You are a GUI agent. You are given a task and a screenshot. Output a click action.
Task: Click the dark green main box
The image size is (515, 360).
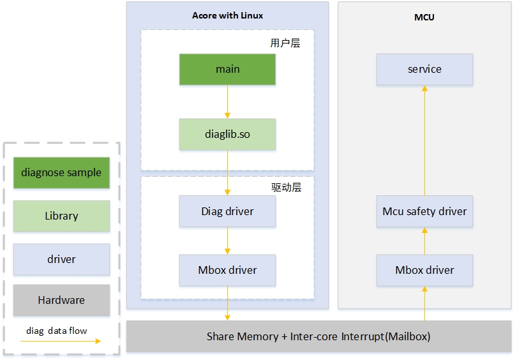click(227, 69)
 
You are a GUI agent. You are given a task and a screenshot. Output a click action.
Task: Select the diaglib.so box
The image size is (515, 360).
click(227, 135)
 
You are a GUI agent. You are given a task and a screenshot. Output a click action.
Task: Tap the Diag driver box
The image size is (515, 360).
click(227, 211)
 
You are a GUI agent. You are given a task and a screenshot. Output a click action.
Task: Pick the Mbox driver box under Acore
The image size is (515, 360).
click(227, 270)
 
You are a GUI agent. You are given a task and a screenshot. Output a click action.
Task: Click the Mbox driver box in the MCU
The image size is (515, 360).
click(424, 270)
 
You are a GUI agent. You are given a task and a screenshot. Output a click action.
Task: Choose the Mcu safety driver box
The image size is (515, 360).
click(424, 211)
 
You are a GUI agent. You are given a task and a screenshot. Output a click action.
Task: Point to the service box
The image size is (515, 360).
click(424, 69)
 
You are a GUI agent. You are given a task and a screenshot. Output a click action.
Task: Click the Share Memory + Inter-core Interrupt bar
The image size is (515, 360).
click(318, 336)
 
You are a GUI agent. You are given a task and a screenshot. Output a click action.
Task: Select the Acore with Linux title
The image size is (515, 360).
click(227, 15)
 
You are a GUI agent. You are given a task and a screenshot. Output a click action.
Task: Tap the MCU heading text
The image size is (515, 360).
click(424, 17)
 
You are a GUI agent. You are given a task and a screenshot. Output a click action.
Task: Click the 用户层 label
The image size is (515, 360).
click(285, 43)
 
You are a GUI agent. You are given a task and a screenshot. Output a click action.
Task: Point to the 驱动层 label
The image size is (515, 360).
click(285, 188)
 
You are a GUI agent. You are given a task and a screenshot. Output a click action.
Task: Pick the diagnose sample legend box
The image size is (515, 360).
click(61, 172)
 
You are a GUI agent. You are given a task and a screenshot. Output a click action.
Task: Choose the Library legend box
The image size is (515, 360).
click(61, 216)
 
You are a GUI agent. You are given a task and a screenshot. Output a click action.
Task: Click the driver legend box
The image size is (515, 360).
click(61, 259)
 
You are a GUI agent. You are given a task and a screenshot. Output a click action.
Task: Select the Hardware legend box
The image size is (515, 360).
click(61, 300)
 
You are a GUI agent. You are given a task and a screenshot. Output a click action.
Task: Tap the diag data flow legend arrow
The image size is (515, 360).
click(61, 341)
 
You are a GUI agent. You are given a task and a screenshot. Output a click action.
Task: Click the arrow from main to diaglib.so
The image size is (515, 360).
click(227, 101)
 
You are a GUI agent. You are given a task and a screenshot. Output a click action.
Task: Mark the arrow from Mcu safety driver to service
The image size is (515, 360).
click(424, 140)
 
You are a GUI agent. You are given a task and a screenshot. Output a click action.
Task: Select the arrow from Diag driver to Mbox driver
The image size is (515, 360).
click(227, 241)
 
